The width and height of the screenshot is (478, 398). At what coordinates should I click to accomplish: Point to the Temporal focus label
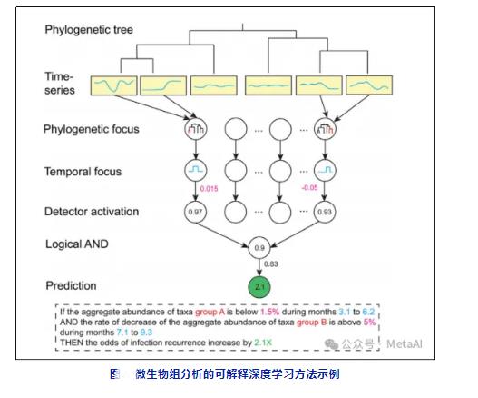pos(83,170)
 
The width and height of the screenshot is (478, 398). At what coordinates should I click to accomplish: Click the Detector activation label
pos(92,212)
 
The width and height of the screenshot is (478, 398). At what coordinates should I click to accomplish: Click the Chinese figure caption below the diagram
pos(237,373)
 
